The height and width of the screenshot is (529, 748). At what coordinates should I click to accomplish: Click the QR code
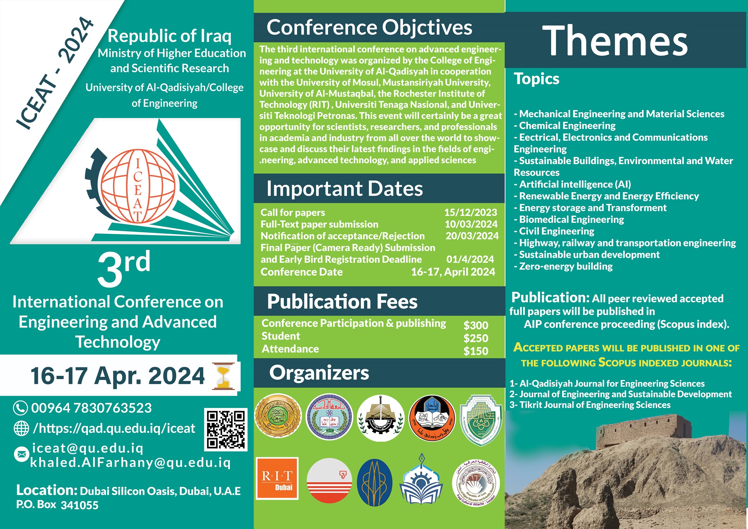pyautogui.click(x=226, y=429)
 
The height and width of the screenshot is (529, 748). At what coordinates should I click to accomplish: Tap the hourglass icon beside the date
pyautogui.click(x=224, y=376)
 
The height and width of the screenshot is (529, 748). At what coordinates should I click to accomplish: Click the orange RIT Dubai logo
pyautogui.click(x=277, y=479)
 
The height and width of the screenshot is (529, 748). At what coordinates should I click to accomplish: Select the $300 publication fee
pyautogui.click(x=476, y=325)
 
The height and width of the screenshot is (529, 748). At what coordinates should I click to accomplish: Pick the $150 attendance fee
pyautogui.click(x=476, y=351)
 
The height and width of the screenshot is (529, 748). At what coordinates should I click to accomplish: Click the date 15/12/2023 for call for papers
pyautogui.click(x=471, y=212)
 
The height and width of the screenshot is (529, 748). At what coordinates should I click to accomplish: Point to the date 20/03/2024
pyautogui.click(x=472, y=236)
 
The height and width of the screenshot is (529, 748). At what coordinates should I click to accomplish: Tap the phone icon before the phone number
pyautogui.click(x=21, y=408)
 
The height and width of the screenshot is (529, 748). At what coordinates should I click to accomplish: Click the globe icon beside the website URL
pyautogui.click(x=21, y=428)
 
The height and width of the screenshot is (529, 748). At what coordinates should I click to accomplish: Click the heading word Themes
pyautogui.click(x=615, y=41)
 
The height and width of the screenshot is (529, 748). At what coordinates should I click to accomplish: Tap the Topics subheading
pyautogui.click(x=536, y=79)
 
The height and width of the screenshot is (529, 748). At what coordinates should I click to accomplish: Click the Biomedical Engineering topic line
pyautogui.click(x=569, y=220)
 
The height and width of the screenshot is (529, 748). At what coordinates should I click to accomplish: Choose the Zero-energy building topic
pyautogui.click(x=563, y=266)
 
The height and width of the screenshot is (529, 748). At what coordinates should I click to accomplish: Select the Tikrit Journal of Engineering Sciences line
pyautogui.click(x=590, y=405)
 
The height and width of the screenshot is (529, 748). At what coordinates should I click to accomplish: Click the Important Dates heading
pyautogui.click(x=344, y=189)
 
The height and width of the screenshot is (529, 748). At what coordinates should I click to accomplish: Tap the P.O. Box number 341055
pyautogui.click(x=80, y=505)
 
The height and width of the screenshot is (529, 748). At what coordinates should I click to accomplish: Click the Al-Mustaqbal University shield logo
pyautogui.click(x=481, y=420)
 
